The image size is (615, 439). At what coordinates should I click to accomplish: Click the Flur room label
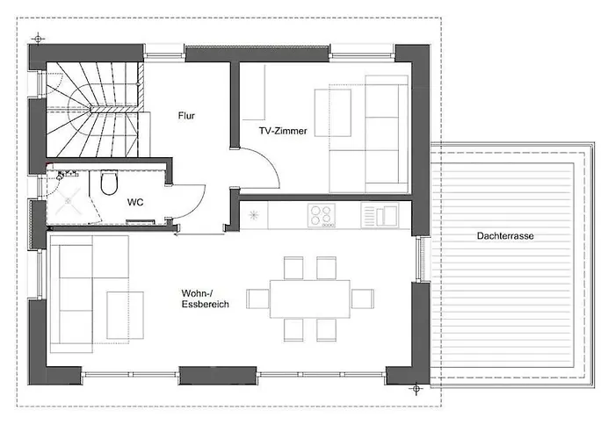pyautogui.click(x=186, y=116)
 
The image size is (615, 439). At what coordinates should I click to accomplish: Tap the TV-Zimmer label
pyautogui.click(x=283, y=131)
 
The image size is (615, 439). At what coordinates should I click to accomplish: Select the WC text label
pyautogui.click(x=135, y=202)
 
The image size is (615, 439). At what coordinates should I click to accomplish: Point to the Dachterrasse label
pyautogui.click(x=505, y=236)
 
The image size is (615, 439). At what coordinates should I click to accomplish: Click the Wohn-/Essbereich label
pyautogui.click(x=205, y=299)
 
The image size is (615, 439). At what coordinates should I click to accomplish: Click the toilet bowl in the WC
pyautogui.click(x=109, y=183)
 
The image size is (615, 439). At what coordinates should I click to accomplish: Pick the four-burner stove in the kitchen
pyautogui.click(x=322, y=215)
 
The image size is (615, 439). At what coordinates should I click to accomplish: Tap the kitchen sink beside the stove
pyautogui.click(x=380, y=215)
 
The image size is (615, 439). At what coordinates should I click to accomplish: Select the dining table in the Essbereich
pyautogui.click(x=310, y=299)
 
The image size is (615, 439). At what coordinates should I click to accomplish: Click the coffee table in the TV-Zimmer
pyautogui.click(x=333, y=113)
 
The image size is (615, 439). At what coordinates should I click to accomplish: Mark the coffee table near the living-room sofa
pyautogui.click(x=125, y=315)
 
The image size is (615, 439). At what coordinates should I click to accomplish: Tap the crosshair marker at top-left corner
pyautogui.click(x=38, y=39)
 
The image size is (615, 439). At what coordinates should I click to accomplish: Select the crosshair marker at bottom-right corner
pyautogui.click(x=416, y=389)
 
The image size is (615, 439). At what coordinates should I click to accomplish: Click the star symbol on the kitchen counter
pyautogui.click(x=254, y=215)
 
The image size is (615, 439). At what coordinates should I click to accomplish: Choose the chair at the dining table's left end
pyautogui.click(x=257, y=299)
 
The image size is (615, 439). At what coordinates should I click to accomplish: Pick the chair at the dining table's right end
pyautogui.click(x=362, y=299)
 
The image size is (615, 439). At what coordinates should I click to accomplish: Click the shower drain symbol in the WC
pyautogui.click(x=68, y=201)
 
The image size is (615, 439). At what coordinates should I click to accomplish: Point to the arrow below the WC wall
pyautogui.click(x=199, y=234)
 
